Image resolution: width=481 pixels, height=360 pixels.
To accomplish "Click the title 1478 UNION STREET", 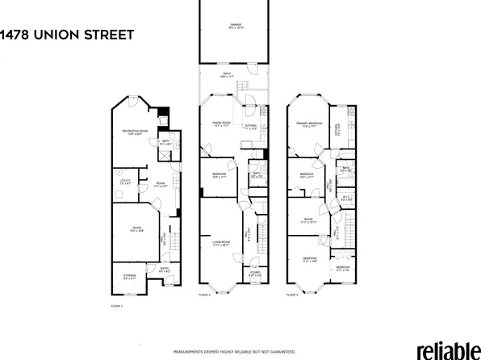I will pyautogui.click(x=66, y=34).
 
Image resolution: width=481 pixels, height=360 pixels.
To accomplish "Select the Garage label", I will pyautogui.click(x=235, y=27).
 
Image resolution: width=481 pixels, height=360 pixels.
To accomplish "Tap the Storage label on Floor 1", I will pyautogui.click(x=129, y=278).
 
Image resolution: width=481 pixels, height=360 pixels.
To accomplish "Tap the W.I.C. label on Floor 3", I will pyautogui.click(x=345, y=199).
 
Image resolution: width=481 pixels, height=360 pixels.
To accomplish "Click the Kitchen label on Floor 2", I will pyautogui.click(x=250, y=126).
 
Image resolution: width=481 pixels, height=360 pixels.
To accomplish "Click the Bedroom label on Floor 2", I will pyautogui.click(x=219, y=175).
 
